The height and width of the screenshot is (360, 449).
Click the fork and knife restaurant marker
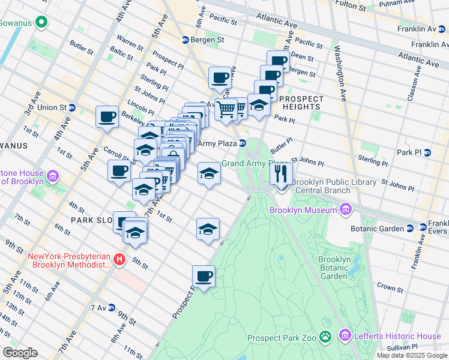[x=281, y=174]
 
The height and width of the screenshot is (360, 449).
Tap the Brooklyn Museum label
[x=303, y=210]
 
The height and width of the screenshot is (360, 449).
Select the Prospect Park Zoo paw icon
[x=325, y=337]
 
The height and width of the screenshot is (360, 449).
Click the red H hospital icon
[x=119, y=260]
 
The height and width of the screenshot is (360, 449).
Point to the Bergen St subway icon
[x=186, y=40]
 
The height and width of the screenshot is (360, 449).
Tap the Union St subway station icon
[x=72, y=108]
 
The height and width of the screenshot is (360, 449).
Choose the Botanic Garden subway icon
[x=409, y=229]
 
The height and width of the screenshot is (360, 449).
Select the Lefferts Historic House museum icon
[x=345, y=336]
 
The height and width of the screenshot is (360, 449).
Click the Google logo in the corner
[x=20, y=353]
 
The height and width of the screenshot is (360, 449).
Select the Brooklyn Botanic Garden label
[x=334, y=268]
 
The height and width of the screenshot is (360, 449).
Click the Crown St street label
[x=390, y=288]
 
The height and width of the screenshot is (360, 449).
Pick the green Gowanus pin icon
[x=41, y=23]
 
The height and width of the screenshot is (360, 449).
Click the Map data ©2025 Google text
[x=412, y=355]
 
